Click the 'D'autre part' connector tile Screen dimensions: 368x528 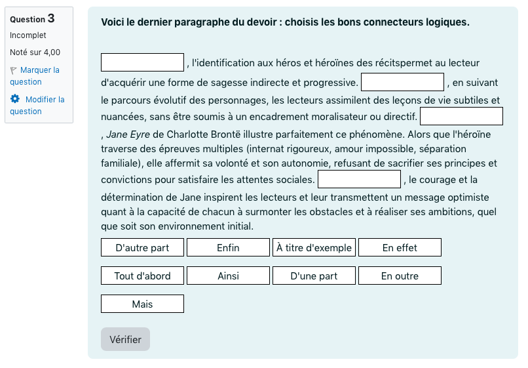(x=142, y=247)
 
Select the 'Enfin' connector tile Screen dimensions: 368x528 (x=228, y=247)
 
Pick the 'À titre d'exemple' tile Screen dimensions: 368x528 (x=314, y=247)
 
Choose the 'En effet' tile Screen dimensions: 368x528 (x=400, y=247)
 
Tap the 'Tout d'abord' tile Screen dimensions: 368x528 (x=142, y=276)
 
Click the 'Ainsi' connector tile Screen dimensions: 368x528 (x=228, y=276)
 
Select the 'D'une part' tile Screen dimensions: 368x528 (x=314, y=276)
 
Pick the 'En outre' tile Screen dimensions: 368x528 (x=400, y=276)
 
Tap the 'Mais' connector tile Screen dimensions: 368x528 (x=142, y=304)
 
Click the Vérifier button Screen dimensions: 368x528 (x=125, y=339)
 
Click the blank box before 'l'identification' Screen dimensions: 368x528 (x=142, y=62)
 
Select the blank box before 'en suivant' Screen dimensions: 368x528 (x=402, y=82)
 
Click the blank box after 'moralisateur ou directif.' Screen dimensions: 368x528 (x=461, y=116)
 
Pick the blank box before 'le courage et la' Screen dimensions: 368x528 (x=359, y=179)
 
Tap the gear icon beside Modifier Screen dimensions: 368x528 (x=15, y=99)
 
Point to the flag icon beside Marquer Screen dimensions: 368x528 (x=14, y=70)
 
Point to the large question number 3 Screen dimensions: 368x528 (x=51, y=18)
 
